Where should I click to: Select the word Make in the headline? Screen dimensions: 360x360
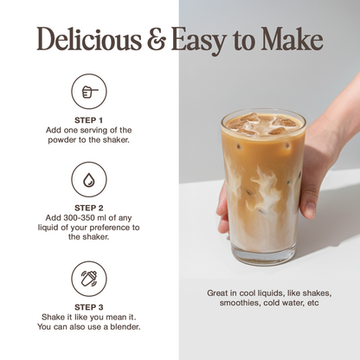[292, 40]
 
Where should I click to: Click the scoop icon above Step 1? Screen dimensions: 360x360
[88, 91]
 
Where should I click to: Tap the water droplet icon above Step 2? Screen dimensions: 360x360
[88, 179]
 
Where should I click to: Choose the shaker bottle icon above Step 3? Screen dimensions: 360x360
[88, 279]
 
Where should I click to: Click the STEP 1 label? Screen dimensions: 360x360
[88, 120]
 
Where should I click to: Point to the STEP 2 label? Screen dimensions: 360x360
[88, 209]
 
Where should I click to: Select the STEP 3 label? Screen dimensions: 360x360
[88, 307]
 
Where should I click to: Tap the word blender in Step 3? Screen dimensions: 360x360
[120, 326]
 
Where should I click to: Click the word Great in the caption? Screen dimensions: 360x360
[218, 293]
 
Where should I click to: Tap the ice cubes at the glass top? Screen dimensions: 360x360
[263, 124]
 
